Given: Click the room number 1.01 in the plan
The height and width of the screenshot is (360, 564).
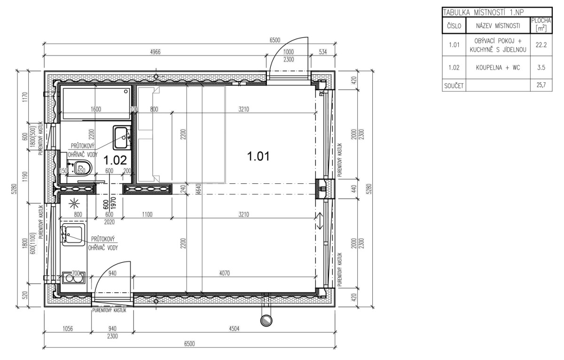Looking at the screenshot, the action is [x=258, y=156].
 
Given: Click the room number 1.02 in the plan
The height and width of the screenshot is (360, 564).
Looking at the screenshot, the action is [x=115, y=160].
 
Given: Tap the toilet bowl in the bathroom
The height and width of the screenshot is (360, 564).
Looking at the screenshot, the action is [x=81, y=167].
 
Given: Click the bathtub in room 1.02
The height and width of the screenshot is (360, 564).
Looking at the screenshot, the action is [x=96, y=103].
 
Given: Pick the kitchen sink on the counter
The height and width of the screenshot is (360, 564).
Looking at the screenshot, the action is [x=73, y=235].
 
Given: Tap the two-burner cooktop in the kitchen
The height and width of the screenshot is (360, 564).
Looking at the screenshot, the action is [x=73, y=278].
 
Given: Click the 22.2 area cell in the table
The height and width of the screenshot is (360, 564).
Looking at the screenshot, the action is [x=541, y=45].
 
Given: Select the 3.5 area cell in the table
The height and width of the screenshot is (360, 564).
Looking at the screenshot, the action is [x=541, y=68].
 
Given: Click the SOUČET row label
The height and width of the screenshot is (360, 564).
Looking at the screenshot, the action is [x=454, y=86].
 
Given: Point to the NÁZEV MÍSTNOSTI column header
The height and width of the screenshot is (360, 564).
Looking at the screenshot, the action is [x=498, y=26].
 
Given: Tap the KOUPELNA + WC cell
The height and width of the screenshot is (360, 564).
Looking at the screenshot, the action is [x=498, y=68].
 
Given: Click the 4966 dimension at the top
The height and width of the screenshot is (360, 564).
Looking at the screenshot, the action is [x=155, y=52].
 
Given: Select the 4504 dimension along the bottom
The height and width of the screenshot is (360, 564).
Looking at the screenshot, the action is [x=234, y=329].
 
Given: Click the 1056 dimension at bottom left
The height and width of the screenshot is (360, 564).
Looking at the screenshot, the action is [x=68, y=329].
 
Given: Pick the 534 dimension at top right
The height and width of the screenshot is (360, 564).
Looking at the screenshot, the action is [x=323, y=52].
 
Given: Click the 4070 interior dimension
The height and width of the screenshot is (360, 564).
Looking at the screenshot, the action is [x=224, y=273].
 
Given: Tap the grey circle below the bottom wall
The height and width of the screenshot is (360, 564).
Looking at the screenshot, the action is [x=266, y=321].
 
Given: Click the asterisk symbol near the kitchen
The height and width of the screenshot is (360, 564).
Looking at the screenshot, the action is [x=75, y=203].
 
